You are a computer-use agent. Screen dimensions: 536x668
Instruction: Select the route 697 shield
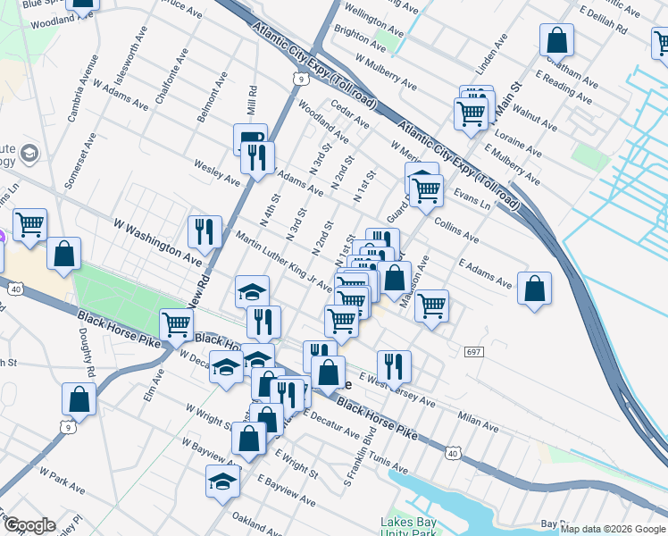473,352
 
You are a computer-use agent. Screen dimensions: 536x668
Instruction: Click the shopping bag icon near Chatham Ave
556,40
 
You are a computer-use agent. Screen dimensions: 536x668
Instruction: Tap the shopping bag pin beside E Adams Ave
534,289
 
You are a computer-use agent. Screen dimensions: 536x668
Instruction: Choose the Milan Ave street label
477,419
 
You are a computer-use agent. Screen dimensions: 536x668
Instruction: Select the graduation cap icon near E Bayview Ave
223,482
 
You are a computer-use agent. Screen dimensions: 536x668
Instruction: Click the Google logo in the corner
29,526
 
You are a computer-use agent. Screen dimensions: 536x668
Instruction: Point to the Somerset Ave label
79,162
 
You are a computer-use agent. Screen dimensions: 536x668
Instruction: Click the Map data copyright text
613,529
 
